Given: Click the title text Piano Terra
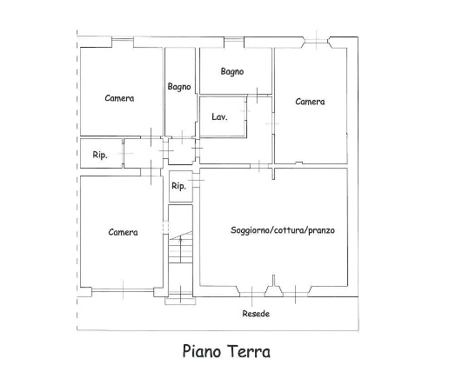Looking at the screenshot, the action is tap(226, 351).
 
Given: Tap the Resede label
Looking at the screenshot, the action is tap(256, 314).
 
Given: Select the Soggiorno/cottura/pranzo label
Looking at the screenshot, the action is tap(283, 230).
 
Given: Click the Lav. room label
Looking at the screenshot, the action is tap(219, 116).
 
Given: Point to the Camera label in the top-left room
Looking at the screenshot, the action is tap(119, 98).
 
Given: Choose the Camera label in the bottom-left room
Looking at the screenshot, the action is tap(123, 232).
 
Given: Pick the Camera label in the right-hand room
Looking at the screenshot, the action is tap(310, 102).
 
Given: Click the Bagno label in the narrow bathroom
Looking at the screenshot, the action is tap(179, 87).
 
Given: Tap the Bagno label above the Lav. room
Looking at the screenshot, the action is tap(232, 71).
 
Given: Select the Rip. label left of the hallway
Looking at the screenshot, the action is tap(100, 155).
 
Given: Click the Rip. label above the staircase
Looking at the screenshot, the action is tap(178, 186).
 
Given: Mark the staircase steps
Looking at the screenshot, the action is tap(180, 247).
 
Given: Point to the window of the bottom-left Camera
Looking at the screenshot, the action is tap(123, 289).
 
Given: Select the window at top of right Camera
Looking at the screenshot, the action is tap(316, 42).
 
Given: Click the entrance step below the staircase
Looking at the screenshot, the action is tap(180, 301).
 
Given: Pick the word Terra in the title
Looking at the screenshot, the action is tap(249, 351).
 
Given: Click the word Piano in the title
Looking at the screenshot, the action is tap(202, 351).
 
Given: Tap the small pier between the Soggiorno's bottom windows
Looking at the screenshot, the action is tap(273, 289).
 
